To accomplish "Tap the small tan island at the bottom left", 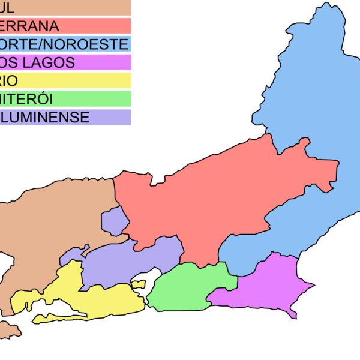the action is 9,329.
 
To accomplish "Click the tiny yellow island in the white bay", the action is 139,284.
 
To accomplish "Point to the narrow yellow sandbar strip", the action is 66,316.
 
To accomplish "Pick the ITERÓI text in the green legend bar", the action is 29,98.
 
